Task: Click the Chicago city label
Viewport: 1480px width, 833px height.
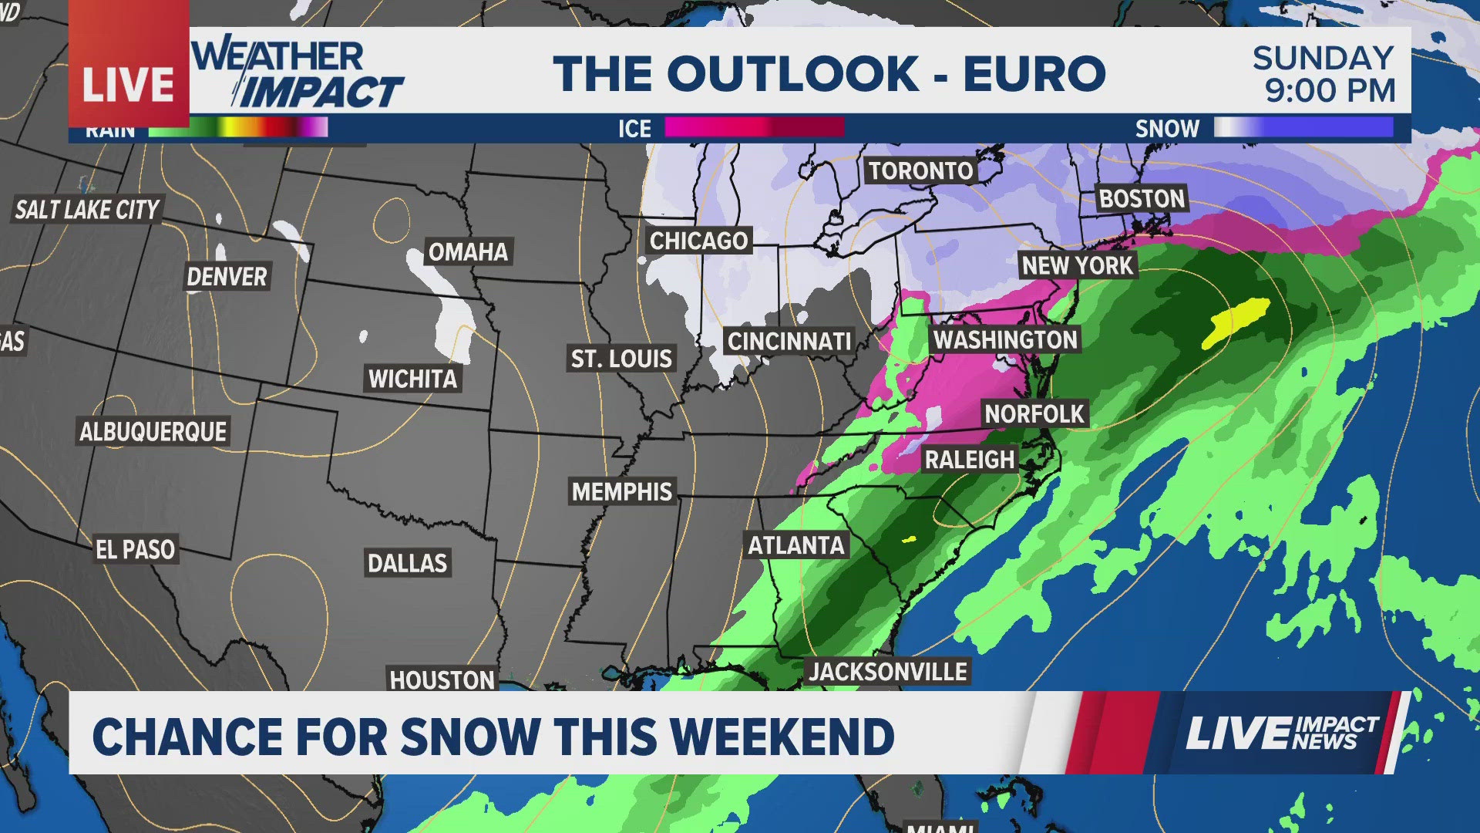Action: click(698, 241)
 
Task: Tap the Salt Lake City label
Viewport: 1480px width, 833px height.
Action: click(87, 209)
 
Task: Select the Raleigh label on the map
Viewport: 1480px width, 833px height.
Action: click(969, 460)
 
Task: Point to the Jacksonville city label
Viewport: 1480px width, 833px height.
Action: click(887, 671)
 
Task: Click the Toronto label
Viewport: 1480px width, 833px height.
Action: click(920, 170)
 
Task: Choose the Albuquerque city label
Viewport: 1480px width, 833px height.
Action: click(153, 431)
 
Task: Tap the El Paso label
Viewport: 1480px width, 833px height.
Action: click(136, 549)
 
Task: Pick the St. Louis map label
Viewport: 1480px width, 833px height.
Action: click(621, 359)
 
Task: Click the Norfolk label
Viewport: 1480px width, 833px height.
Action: click(1034, 414)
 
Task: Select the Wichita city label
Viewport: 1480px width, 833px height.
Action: click(412, 379)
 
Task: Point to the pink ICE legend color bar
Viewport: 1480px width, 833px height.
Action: click(754, 127)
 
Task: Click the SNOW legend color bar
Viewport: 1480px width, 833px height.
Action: click(1303, 127)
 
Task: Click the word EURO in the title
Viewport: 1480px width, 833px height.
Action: click(1034, 74)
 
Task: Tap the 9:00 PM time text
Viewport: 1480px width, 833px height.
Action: click(1330, 91)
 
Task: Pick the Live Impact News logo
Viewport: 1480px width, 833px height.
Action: click(1281, 733)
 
